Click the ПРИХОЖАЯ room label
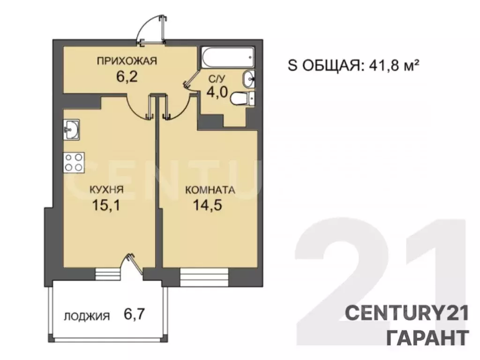click(x=126, y=60)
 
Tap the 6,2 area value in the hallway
click(x=127, y=76)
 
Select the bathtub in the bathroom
click(x=227, y=57)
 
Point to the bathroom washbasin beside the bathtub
click(x=248, y=79)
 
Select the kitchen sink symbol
click(x=72, y=129)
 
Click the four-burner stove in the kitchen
click(x=74, y=162)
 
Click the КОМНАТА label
click(x=210, y=190)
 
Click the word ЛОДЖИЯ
click(x=87, y=316)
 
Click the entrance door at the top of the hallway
click(x=153, y=30)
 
